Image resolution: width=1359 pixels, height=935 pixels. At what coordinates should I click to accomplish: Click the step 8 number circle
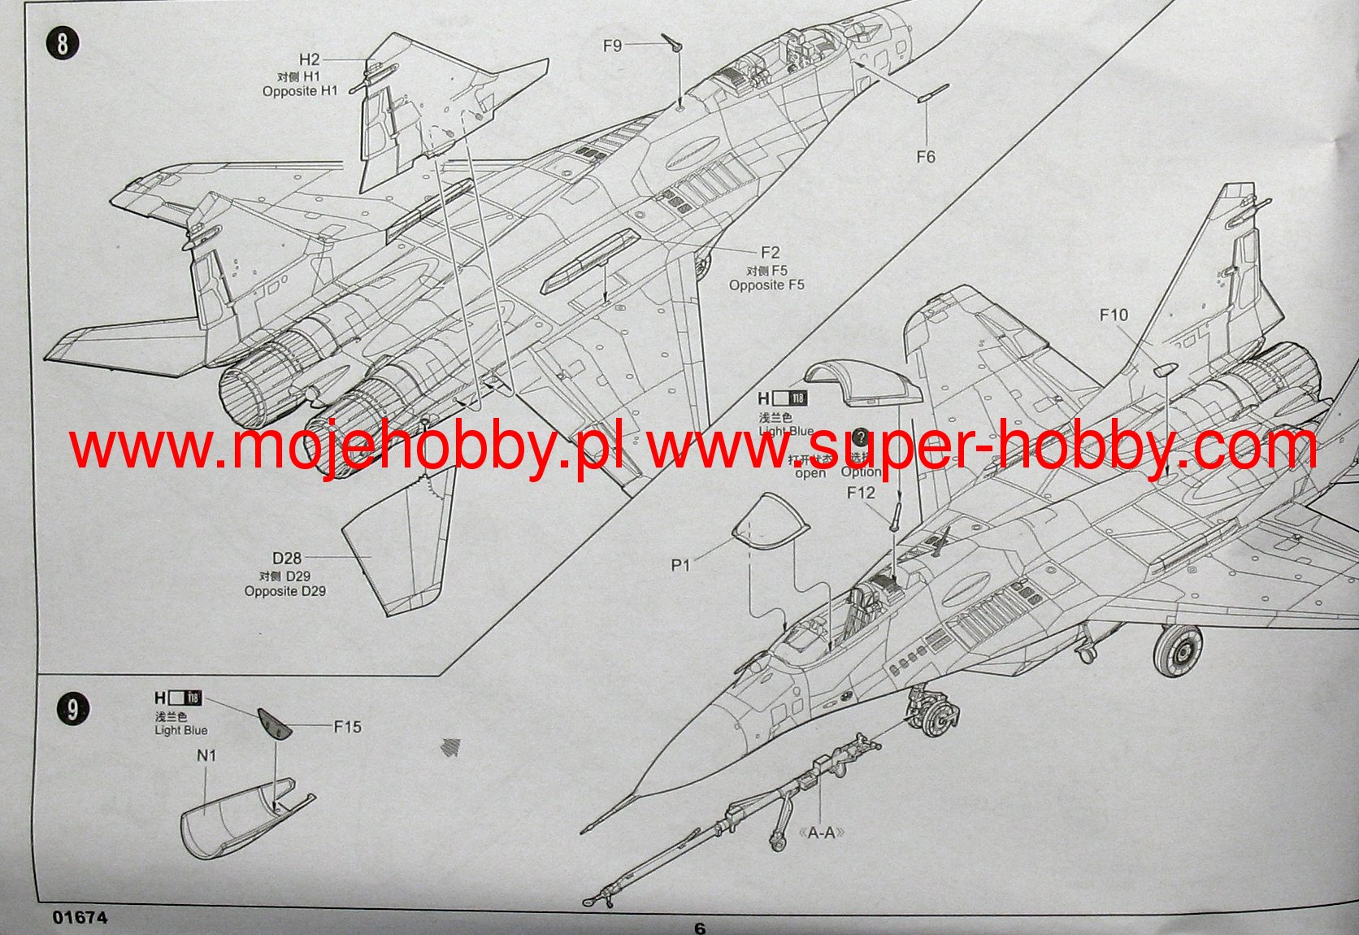[63, 43]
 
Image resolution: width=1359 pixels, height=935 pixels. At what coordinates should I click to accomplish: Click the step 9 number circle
[73, 710]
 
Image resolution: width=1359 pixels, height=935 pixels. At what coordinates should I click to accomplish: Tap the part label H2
[310, 59]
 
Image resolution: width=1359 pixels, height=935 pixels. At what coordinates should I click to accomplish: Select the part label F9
[612, 46]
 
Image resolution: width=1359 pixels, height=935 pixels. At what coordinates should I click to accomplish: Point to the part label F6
[926, 157]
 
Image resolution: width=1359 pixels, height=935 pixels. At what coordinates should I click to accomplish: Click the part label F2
[770, 253]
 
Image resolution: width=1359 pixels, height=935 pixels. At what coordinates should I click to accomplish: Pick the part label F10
[1114, 315]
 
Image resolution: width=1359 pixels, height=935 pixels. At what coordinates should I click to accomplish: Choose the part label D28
[286, 559]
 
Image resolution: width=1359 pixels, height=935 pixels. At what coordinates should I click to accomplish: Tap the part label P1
[680, 565]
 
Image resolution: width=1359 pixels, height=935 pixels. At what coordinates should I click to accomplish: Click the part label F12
[861, 493]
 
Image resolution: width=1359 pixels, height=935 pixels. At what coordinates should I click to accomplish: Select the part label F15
[347, 727]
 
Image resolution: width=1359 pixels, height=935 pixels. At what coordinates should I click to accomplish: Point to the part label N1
[206, 755]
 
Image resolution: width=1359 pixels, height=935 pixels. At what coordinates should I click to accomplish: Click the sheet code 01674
[80, 917]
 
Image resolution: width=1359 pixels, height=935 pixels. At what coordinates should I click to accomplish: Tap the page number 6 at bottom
[700, 928]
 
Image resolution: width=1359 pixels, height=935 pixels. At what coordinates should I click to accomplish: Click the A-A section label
[822, 833]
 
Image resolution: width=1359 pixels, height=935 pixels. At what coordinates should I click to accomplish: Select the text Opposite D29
[284, 591]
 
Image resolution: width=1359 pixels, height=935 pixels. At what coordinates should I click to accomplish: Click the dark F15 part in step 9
[274, 723]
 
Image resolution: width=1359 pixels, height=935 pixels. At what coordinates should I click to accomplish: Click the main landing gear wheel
[1178, 650]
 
